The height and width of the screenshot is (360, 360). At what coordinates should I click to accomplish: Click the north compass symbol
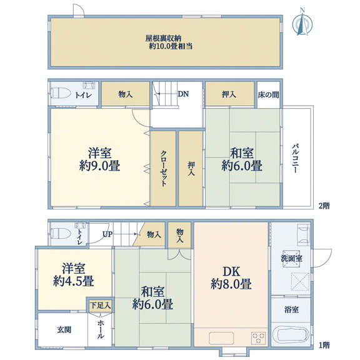coord(302,22)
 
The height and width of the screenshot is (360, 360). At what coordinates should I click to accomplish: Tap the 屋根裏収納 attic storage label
coord(163,38)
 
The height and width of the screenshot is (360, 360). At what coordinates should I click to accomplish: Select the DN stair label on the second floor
coord(183,94)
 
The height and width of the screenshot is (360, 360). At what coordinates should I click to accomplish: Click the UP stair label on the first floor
coord(107,234)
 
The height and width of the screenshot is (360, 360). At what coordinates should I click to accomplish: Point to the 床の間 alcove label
coord(268,94)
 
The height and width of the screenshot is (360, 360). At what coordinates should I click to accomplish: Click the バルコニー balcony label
coord(296,158)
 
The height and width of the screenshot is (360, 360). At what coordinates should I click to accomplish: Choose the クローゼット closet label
coord(163,168)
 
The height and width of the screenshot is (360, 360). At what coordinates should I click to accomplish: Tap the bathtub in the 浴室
coord(291,335)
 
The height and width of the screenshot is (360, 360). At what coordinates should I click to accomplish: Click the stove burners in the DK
coord(259,338)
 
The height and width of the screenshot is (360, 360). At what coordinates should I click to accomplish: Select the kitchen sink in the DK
coord(221,338)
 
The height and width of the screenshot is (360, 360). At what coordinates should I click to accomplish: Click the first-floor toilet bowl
coord(59,234)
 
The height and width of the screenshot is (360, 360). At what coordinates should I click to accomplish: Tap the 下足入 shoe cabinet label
coord(101,306)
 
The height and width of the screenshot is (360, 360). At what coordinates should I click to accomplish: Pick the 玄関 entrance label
coord(64,330)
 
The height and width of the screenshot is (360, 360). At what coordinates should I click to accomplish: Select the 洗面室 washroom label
coord(292,259)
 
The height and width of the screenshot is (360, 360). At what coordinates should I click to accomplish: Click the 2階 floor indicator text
coord(324,206)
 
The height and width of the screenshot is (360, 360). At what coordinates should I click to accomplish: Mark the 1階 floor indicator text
coord(324,345)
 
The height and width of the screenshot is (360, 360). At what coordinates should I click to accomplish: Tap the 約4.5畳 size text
coord(74,281)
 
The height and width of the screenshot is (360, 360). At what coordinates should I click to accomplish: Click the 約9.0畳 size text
coord(99,166)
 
